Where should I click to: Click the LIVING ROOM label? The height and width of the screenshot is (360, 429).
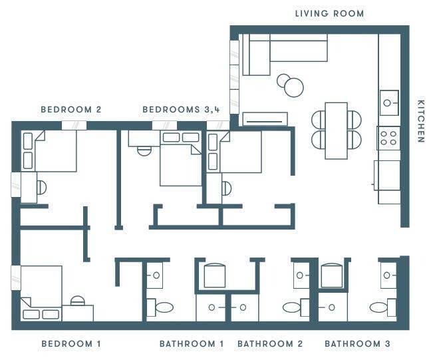(x=329, y=13)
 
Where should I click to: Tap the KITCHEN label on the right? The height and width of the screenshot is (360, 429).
(x=421, y=121)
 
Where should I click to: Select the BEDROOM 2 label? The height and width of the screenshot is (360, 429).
(x=71, y=110)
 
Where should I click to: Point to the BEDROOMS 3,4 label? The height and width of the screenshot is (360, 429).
(x=181, y=110)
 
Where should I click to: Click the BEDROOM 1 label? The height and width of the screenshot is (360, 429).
(x=71, y=343)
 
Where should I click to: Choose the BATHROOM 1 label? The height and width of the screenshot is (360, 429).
(x=192, y=343)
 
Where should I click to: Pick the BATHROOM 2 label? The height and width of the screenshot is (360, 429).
(x=270, y=343)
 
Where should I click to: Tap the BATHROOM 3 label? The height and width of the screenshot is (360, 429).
(x=357, y=343)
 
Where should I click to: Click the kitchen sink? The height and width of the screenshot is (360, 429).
(x=389, y=103)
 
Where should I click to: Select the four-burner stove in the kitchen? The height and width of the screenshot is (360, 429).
(x=388, y=138)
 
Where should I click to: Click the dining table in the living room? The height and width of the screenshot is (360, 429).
(x=337, y=131)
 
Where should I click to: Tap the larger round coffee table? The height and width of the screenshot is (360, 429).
(x=294, y=88)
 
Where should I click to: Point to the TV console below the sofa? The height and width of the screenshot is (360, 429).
(x=265, y=119)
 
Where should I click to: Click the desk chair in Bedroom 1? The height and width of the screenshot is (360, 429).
(x=78, y=301)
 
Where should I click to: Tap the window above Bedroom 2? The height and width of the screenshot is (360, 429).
(x=74, y=125)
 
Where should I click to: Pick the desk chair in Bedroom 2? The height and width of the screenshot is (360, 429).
(x=42, y=188)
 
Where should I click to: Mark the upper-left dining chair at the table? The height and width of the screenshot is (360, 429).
(x=318, y=119)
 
